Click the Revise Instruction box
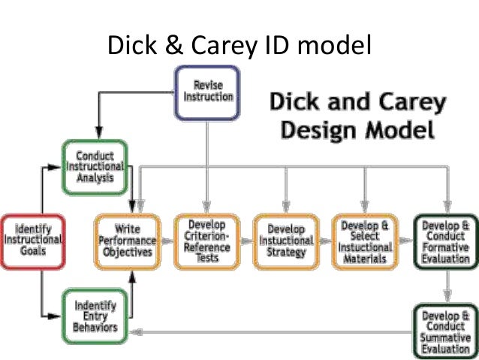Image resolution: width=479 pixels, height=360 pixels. pyautogui.click(x=206, y=92)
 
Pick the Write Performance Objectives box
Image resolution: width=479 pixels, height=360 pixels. pyautogui.click(x=127, y=241)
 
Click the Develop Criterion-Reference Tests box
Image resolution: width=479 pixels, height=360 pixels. pyautogui.click(x=206, y=241)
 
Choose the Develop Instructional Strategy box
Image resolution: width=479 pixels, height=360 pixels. pyautogui.click(x=286, y=241)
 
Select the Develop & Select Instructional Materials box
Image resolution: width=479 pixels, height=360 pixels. pyautogui.click(x=365, y=241)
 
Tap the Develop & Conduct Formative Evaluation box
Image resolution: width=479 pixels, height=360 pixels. pyautogui.click(x=446, y=241)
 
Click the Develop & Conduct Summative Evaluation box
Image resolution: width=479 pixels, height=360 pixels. pyautogui.click(x=446, y=328)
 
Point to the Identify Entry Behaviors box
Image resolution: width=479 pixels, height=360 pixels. pyautogui.click(x=95, y=316)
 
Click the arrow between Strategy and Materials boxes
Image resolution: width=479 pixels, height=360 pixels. pyautogui.click(x=325, y=241)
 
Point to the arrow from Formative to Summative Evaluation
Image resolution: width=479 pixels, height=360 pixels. pyautogui.click(x=446, y=286)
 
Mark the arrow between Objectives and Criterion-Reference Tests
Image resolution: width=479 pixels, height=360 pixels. pyautogui.click(x=167, y=241)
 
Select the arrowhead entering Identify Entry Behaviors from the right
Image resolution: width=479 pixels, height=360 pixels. pyautogui.click(x=134, y=330)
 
